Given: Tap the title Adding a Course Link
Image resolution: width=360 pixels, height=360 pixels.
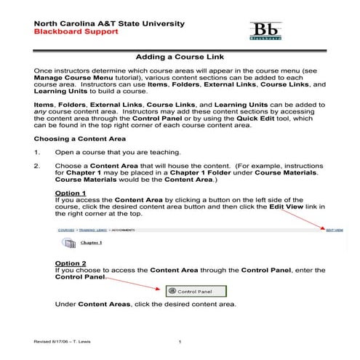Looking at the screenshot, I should click(x=179, y=57).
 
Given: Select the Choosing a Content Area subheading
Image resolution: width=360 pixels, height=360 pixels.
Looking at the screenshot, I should click(x=80, y=137).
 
